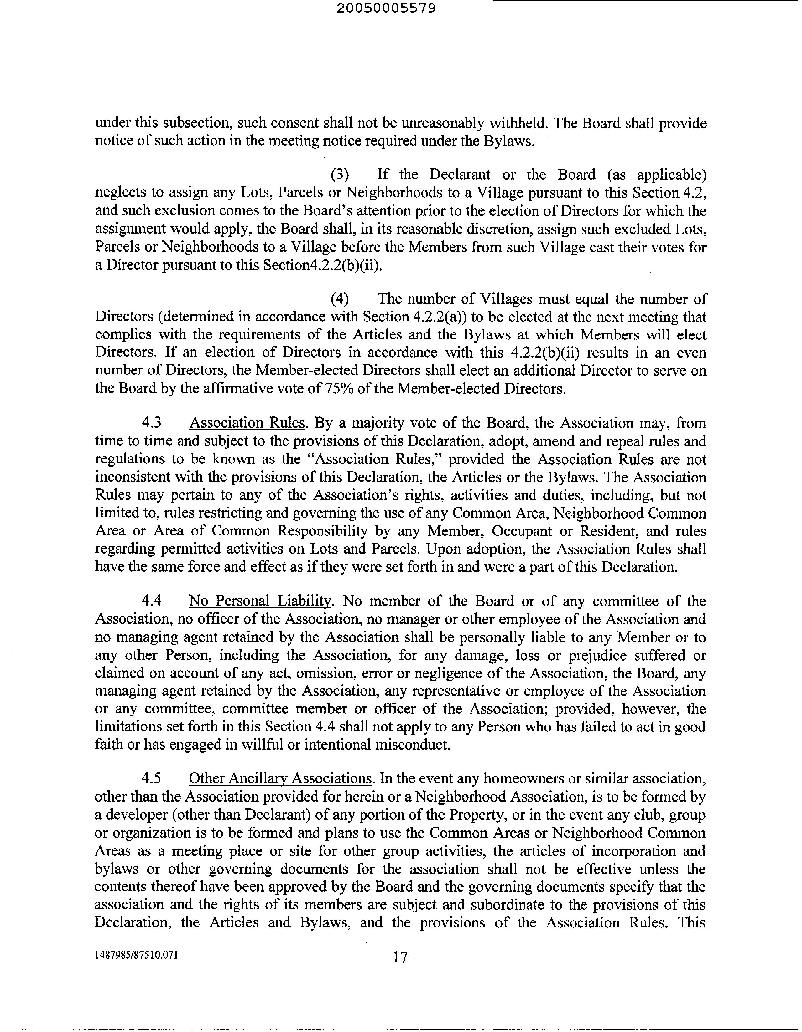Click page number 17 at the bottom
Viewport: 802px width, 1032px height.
[399, 957]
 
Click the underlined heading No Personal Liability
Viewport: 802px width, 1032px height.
[260, 601]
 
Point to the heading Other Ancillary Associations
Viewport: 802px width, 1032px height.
[280, 779]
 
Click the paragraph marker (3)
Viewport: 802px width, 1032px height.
[340, 175]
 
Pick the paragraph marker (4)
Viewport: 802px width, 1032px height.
[340, 299]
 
